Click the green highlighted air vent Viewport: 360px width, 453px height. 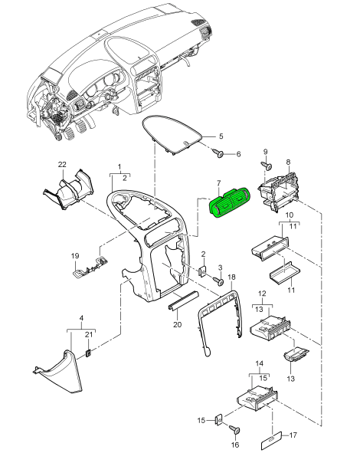230,202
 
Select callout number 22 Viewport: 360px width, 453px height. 62,165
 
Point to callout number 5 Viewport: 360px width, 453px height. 221,136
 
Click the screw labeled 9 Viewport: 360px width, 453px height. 267,166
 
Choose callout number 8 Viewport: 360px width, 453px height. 288,162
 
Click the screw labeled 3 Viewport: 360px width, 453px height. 218,281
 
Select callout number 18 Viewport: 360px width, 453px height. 232,277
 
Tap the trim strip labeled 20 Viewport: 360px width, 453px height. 184,300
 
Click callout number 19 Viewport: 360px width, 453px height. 75,256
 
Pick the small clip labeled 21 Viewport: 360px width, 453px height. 89,353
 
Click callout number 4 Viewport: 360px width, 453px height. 81,318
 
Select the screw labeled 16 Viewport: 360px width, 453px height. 234,428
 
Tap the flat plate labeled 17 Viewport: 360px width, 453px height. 271,442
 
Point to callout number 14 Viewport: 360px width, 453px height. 260,363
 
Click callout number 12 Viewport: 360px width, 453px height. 262,294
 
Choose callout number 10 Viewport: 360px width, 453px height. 290,215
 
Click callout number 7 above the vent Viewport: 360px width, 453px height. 218,183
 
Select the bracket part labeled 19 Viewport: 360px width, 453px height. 90,268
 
